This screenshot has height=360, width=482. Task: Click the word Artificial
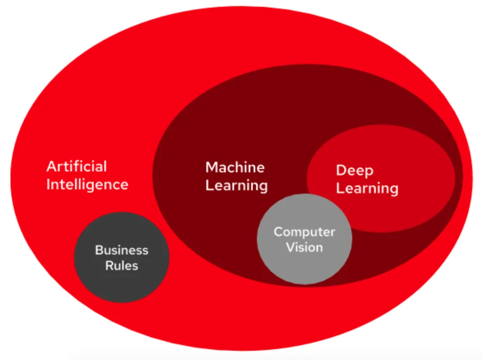pyautogui.click(x=76, y=167)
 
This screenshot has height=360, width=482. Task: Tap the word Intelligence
pyautogui.click(x=87, y=184)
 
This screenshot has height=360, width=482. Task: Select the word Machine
pyautogui.click(x=235, y=168)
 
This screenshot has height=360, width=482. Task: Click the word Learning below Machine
pyautogui.click(x=236, y=186)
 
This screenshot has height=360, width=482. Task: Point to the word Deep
pyautogui.click(x=355, y=171)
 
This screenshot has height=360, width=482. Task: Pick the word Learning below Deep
pyautogui.click(x=367, y=188)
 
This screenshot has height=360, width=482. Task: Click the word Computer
pyautogui.click(x=304, y=232)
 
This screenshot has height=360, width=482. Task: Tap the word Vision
pyautogui.click(x=304, y=247)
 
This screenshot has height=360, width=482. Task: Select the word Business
pyautogui.click(x=121, y=250)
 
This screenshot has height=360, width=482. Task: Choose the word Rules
pyautogui.click(x=121, y=266)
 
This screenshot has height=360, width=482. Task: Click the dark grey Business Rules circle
pyautogui.click(x=121, y=284)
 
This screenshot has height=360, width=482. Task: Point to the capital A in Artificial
pyautogui.click(x=51, y=167)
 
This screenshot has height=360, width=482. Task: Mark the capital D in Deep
pyautogui.click(x=341, y=171)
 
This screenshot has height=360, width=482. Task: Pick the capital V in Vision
pyautogui.click(x=290, y=247)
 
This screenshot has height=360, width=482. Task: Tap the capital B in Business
pyautogui.click(x=98, y=250)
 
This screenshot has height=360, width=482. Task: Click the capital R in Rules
pyautogui.click(x=109, y=266)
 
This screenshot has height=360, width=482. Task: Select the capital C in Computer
pyautogui.click(x=278, y=232)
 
